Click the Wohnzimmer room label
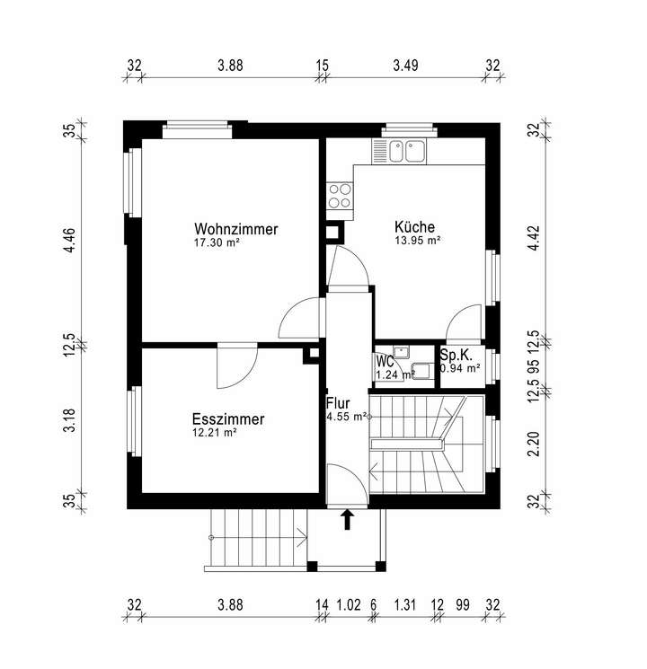(236, 229)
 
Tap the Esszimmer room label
(227, 419)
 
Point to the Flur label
(338, 403)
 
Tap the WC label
(385, 362)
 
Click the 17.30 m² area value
(217, 243)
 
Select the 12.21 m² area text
(214, 433)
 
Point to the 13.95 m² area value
(417, 241)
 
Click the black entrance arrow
(348, 518)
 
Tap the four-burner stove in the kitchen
(340, 195)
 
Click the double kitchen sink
(405, 151)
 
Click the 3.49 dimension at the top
(406, 65)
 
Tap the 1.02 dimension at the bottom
(349, 604)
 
